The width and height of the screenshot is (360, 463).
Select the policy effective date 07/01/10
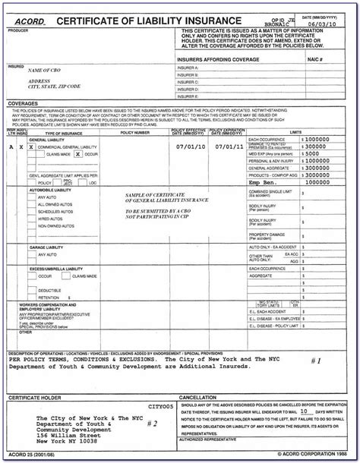click(190, 146)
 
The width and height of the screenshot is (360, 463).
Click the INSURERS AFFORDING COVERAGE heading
click(216, 58)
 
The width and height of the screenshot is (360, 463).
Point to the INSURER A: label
click(188, 68)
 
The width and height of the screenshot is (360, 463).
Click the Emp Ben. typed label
click(265, 182)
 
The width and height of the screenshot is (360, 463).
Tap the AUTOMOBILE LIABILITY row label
click(55, 189)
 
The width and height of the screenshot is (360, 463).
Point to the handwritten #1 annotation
click(317, 361)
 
